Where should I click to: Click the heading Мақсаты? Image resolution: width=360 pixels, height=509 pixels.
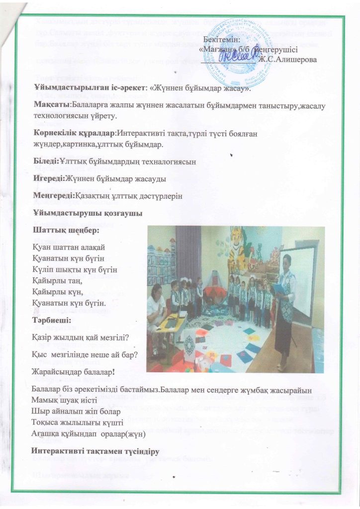tap(51, 105)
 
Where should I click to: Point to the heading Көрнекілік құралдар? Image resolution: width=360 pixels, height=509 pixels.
tap(74, 134)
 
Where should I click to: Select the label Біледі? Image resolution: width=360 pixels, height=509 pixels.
tap(46, 162)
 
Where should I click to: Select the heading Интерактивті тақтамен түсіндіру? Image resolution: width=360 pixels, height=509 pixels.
tap(94, 451)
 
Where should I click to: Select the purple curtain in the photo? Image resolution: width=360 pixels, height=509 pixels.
tap(187, 254)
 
